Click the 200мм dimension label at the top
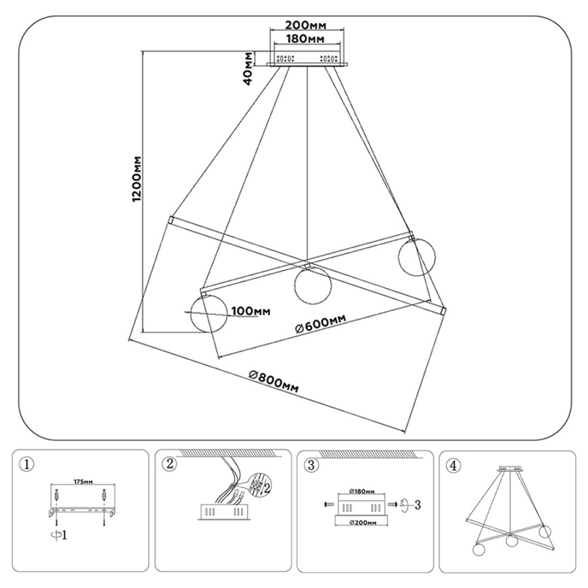(306, 25)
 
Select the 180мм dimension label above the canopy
(306, 39)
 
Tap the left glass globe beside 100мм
(207, 314)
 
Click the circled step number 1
(26, 465)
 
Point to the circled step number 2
(170, 465)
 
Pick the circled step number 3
(312, 465)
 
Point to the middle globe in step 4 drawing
(512, 540)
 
